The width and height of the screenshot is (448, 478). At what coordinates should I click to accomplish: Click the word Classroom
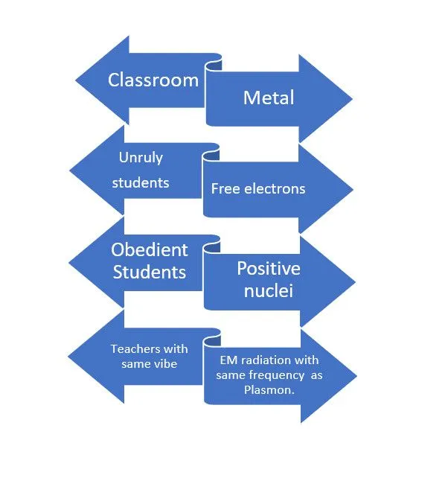point(153,80)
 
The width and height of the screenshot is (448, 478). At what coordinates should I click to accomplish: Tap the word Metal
point(269,98)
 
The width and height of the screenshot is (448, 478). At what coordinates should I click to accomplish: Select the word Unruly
point(140,158)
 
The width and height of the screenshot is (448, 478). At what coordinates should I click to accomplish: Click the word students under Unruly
point(141,182)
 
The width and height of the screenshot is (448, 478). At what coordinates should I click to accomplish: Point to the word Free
point(225,188)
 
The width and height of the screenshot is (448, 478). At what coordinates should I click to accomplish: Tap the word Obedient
point(150,250)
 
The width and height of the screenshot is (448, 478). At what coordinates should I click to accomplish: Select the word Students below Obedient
point(150,272)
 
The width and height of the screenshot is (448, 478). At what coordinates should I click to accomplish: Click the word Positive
point(268,268)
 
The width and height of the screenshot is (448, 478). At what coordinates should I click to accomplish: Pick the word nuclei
point(268,290)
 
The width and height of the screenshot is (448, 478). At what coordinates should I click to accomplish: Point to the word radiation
point(264,360)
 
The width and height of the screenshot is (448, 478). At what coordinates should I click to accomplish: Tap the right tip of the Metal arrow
point(353,98)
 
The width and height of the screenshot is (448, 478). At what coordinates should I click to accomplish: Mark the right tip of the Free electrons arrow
point(353,189)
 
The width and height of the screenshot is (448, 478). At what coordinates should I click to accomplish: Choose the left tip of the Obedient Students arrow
point(70,261)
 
